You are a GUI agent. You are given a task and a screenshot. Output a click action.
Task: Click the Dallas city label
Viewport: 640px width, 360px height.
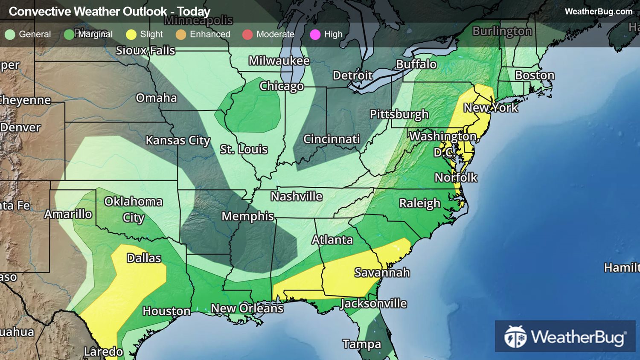pos(144,258)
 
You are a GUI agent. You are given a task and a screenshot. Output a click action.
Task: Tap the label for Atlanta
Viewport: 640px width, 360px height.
pos(332,240)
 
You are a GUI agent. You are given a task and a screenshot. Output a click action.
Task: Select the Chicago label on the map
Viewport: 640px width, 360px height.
pos(282,86)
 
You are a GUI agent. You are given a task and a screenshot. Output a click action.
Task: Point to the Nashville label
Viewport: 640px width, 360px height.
pos(297,196)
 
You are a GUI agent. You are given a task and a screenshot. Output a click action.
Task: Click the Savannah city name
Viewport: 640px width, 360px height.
pos(382,272)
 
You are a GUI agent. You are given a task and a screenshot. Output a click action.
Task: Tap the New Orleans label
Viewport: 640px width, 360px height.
pos(247,308)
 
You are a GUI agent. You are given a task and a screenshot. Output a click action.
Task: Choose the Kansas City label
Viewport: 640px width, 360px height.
pos(178,140)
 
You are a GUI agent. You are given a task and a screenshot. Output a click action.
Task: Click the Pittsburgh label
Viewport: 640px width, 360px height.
pos(399,114)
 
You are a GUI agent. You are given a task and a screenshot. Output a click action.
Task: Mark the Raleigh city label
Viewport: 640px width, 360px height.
pos(419,203)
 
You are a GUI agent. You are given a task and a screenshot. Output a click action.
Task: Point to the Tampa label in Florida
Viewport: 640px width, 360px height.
pos(362,344)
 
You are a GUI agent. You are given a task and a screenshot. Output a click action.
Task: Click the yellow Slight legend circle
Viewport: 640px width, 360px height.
pos(131,35)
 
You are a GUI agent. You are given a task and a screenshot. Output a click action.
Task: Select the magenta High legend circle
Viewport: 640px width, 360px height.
pos(315,35)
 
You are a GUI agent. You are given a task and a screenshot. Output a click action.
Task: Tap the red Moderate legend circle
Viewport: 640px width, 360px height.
pos(247,35)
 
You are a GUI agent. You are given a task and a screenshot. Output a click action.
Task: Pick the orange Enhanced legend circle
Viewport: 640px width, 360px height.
pos(181,35)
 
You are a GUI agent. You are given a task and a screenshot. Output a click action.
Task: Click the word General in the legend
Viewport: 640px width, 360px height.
pos(35,34)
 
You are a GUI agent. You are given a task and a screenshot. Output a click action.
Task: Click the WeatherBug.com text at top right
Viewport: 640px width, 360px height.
pos(598,12)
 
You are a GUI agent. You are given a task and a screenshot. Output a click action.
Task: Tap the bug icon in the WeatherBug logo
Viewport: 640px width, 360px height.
pos(515,337)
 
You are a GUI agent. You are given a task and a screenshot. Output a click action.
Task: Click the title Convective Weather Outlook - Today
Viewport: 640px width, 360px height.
pos(110,12)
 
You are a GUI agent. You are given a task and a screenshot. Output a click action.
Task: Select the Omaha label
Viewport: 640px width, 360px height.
pos(156,98)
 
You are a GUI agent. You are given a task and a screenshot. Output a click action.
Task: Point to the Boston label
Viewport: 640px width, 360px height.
pos(534,75)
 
